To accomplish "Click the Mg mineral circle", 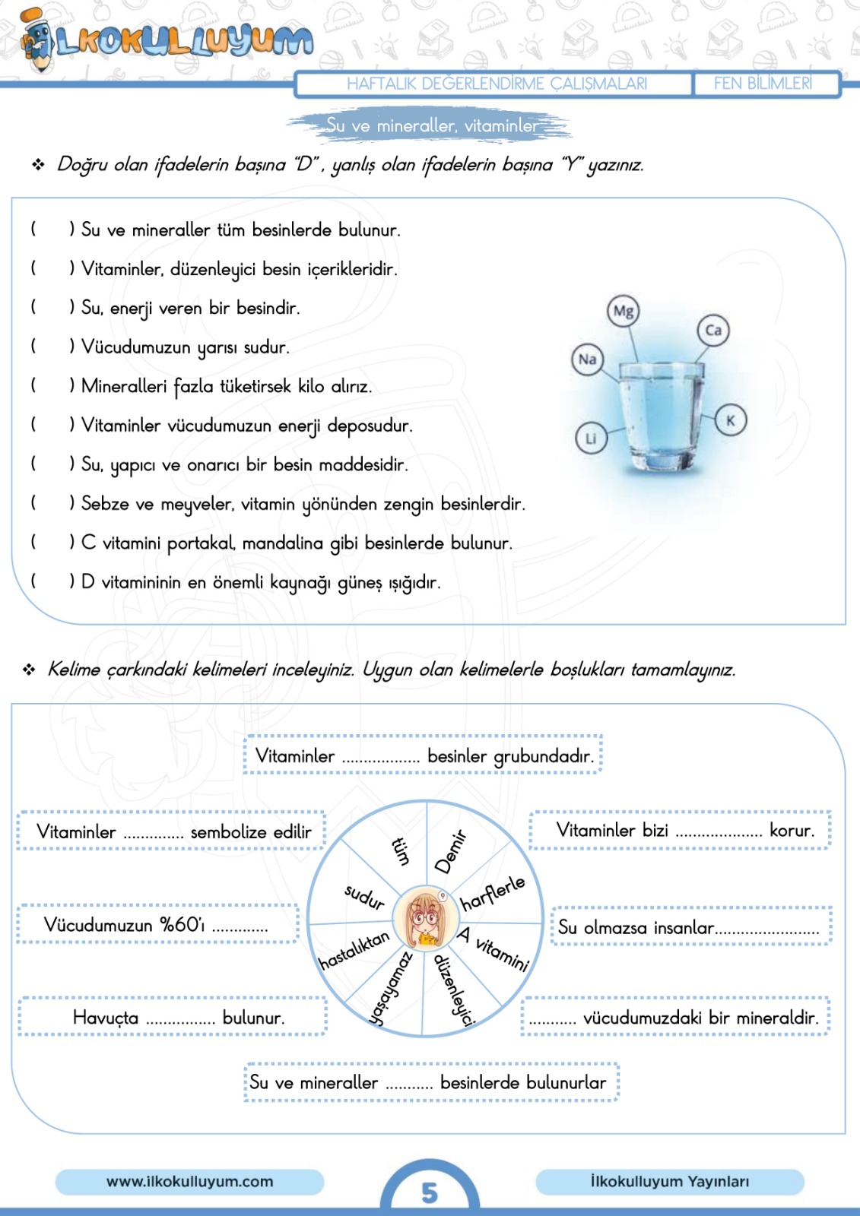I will (x=623, y=311).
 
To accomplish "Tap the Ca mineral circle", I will (x=713, y=330).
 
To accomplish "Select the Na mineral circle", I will (x=587, y=359).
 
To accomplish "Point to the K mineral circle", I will (x=731, y=420).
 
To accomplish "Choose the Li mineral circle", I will (x=591, y=439).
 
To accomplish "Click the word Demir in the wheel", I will (x=449, y=852).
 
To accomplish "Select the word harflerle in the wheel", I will (x=493, y=892).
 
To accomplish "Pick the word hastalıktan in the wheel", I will (x=354, y=951).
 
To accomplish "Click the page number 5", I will (x=430, y=1192).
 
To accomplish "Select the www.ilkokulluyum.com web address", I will (x=189, y=1182).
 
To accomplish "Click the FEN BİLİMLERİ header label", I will (x=763, y=84).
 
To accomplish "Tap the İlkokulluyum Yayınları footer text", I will (x=669, y=1182).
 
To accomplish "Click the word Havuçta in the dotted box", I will (x=106, y=1018).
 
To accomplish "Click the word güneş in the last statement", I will (x=360, y=583).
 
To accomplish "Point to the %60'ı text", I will (x=182, y=925).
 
